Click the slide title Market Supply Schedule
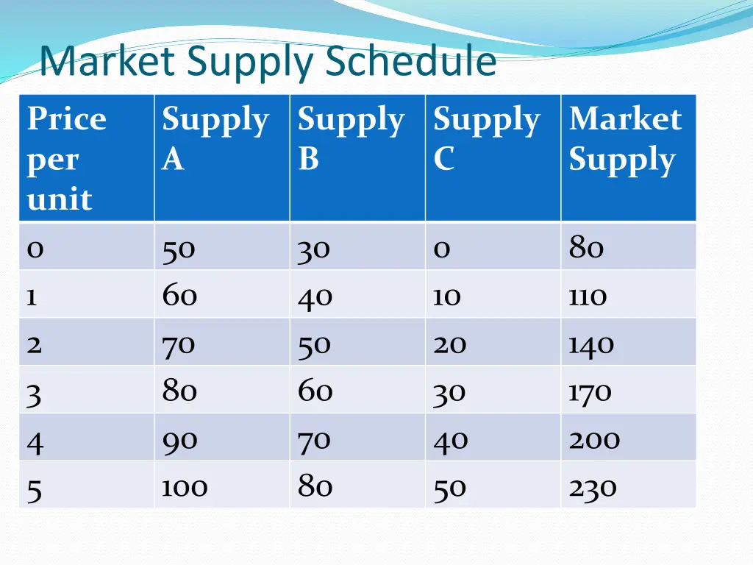[x=268, y=63]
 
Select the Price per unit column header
[x=67, y=158]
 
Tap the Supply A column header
[x=215, y=138]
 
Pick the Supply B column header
[x=351, y=138]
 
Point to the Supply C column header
[x=486, y=138]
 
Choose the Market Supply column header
[x=625, y=139]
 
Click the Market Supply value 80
[x=586, y=248]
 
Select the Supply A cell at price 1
[x=180, y=295]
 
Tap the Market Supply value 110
[x=588, y=296]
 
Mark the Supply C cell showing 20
[x=449, y=344]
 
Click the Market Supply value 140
[x=590, y=344]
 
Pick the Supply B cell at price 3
[x=315, y=391]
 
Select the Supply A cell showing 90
[x=180, y=440]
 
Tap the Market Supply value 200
[x=594, y=440]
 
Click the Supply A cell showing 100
[x=185, y=487]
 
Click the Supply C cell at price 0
[x=441, y=249]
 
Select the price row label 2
[x=35, y=344]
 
